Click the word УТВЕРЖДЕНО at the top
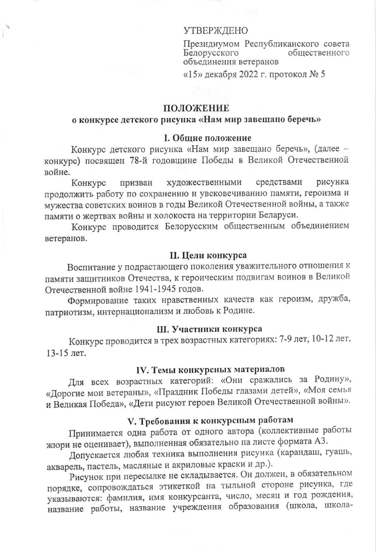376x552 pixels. [215, 31]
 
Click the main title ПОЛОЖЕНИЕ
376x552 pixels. [196, 108]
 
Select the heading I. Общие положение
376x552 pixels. [207, 138]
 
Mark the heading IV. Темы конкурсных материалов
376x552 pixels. [210, 369]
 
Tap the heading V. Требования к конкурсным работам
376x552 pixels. [210, 420]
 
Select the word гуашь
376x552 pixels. [338, 453]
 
